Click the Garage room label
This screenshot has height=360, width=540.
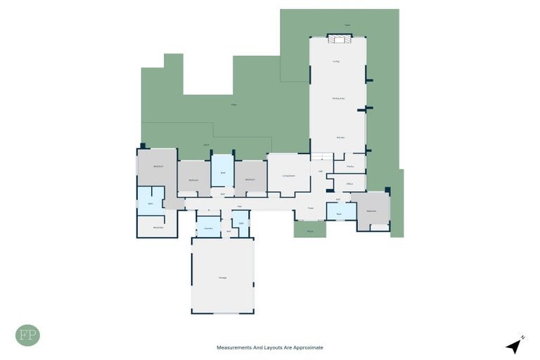point(222,278)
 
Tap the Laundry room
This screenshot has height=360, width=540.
point(208,228)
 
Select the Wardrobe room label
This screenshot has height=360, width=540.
point(158,227)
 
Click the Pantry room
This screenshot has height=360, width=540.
point(349,167)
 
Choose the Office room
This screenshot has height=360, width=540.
point(349,184)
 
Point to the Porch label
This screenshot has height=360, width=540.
point(310,230)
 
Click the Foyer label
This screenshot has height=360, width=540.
point(310,208)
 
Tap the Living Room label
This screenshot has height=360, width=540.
point(288,176)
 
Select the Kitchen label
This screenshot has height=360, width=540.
point(340,137)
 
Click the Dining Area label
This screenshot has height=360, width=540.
point(338,98)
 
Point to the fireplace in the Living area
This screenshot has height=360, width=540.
point(337,39)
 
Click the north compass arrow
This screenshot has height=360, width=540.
point(515,345)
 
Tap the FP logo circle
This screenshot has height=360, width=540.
point(27,335)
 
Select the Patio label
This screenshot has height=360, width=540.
point(233,105)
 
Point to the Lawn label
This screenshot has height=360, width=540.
point(347,25)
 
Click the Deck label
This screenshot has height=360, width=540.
point(207,145)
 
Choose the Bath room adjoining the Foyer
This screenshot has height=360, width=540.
point(340,212)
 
